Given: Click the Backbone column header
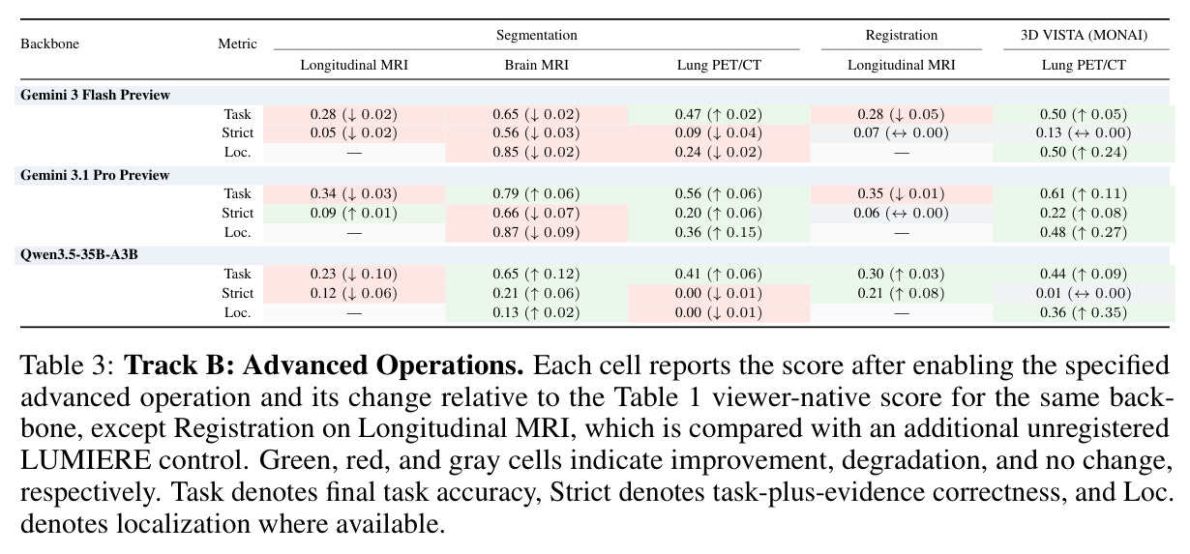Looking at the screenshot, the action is point(49,44).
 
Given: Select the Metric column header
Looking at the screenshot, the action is point(237,44).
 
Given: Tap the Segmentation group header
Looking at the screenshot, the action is point(537,35).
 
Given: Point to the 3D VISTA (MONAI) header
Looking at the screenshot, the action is point(1084,35).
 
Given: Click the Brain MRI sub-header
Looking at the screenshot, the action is point(537,65).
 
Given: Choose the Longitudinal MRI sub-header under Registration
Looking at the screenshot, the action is point(901,65).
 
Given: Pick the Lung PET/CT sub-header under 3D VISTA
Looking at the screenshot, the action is point(1084,65).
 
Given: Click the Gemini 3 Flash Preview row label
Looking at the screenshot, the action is point(95,95).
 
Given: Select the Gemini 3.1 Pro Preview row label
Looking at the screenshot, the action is point(95,175).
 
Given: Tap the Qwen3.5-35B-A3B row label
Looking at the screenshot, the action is point(78,254).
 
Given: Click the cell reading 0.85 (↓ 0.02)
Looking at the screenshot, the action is point(536,153).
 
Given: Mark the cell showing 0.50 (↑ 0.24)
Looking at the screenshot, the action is point(1084,153).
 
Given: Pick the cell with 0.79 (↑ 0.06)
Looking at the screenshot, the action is point(536,193).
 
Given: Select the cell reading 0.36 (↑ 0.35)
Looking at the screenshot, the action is point(1084,312).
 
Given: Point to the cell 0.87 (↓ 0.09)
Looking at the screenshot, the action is point(536,232).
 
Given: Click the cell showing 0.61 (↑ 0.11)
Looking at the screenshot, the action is point(1084,193).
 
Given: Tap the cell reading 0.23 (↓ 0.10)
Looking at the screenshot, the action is point(354,274).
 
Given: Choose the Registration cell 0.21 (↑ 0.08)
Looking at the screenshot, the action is point(901,294).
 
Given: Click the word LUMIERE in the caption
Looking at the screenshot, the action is point(85,459).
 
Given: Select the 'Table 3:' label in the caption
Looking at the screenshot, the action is point(68,365).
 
